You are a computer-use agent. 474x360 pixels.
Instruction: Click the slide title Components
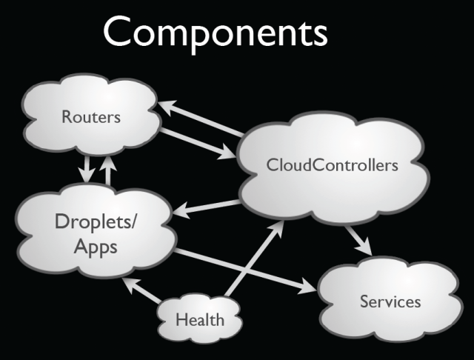coord(214,34)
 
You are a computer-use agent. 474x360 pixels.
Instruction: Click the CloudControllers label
coord(333,164)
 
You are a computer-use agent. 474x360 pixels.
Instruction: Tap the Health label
coord(199,320)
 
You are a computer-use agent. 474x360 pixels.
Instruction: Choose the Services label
coord(390,301)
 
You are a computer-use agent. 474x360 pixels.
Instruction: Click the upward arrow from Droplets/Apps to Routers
coord(109,169)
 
